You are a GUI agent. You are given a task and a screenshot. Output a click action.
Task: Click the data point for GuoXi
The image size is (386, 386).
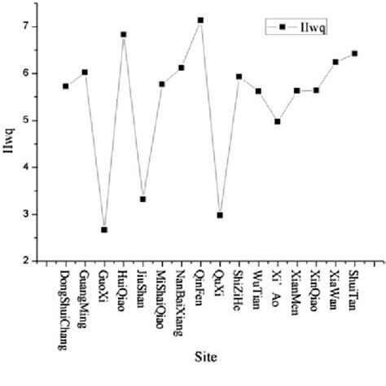104,230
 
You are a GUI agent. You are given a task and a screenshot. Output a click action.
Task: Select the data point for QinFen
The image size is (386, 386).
200,20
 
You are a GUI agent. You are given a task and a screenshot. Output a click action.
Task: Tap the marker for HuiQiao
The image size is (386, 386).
124,34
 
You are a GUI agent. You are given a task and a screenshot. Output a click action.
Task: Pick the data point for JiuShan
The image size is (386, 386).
143,199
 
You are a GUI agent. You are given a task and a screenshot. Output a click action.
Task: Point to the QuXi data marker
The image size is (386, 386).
220,215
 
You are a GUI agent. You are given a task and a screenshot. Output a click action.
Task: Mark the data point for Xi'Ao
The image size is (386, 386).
278,121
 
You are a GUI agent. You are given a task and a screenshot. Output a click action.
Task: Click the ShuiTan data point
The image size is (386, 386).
354,54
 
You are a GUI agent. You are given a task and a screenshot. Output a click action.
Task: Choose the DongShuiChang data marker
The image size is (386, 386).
65,86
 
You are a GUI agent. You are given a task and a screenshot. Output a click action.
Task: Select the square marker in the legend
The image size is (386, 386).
283,28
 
